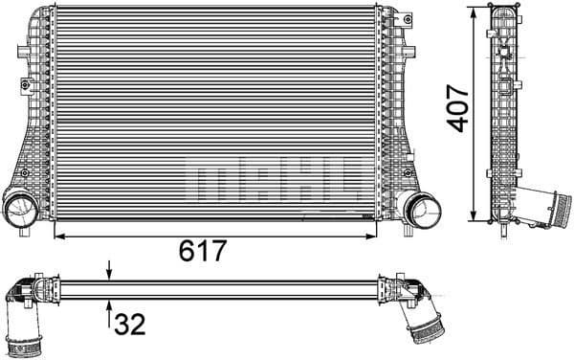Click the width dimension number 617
(203, 251)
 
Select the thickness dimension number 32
(129, 326)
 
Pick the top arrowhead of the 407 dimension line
(475, 11)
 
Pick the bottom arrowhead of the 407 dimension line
(475, 217)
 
